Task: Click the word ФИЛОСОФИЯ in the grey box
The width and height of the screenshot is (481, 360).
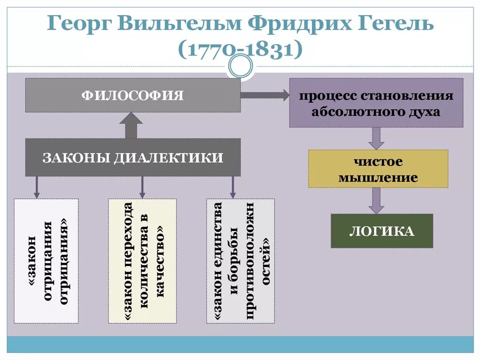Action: pos(133,96)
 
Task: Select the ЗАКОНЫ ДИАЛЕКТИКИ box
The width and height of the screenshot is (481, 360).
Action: pos(133,157)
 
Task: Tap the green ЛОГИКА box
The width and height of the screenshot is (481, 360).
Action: pos(381,231)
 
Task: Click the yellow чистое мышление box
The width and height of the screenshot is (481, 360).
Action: pos(378,169)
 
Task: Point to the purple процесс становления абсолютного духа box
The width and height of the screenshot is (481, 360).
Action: pos(376,103)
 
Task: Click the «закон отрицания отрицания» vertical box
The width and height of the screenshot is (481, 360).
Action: pos(46,261)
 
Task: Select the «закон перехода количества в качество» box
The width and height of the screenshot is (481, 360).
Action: pos(142,261)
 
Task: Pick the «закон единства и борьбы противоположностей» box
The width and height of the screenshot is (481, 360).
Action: pos(240,261)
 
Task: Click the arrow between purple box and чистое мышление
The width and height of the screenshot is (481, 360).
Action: pos(376,138)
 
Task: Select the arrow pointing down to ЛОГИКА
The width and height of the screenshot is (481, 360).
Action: pos(376,200)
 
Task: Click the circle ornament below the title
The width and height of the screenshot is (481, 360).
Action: pos(240,67)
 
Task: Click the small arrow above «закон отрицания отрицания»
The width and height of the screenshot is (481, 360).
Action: pos(36,187)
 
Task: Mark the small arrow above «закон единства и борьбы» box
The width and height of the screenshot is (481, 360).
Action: pos(232,187)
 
